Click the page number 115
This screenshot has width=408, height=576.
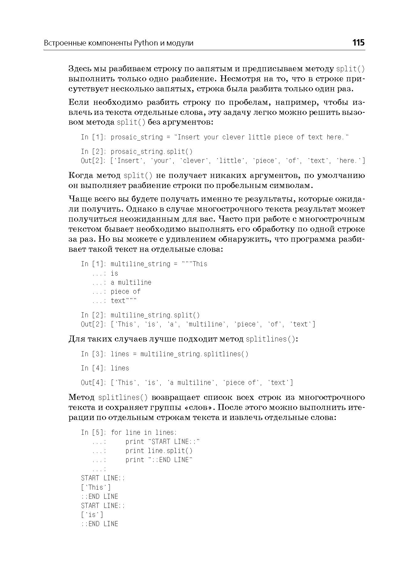click(x=358, y=43)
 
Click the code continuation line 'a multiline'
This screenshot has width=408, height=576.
click(x=131, y=283)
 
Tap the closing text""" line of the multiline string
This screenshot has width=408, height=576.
click(x=124, y=301)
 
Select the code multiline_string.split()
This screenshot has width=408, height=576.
click(x=155, y=315)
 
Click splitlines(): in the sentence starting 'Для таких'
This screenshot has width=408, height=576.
click(x=272, y=339)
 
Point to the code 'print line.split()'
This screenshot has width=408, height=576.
click(x=159, y=451)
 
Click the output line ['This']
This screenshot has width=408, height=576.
click(x=96, y=487)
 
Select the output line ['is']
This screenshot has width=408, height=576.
click(x=92, y=515)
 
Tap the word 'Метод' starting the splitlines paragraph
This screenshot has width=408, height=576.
click(x=81, y=397)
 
